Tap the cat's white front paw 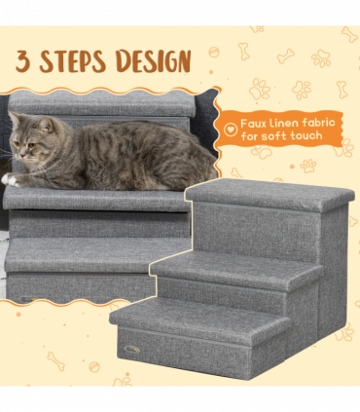click(10, 179)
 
